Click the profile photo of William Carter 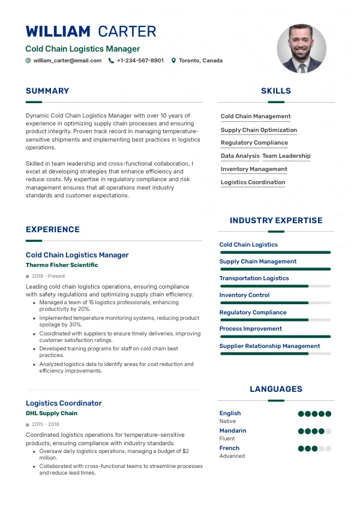(x=302, y=49)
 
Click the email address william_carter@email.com (x=67, y=61)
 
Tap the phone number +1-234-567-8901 (x=140, y=61)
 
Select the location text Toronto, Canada (x=200, y=61)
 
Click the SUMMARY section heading (x=47, y=91)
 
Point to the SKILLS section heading (x=276, y=91)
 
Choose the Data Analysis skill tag (x=240, y=156)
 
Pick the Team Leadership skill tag (x=286, y=156)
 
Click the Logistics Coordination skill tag (x=253, y=182)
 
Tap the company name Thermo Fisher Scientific (x=62, y=265)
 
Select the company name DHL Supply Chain (x=52, y=413)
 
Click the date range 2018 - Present (x=48, y=276)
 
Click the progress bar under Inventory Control (x=275, y=303)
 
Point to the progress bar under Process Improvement (x=275, y=337)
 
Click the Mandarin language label (x=233, y=431)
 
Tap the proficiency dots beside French (x=314, y=448)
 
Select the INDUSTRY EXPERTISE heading (x=276, y=221)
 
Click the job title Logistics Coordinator (x=64, y=403)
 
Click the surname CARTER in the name (x=127, y=32)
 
